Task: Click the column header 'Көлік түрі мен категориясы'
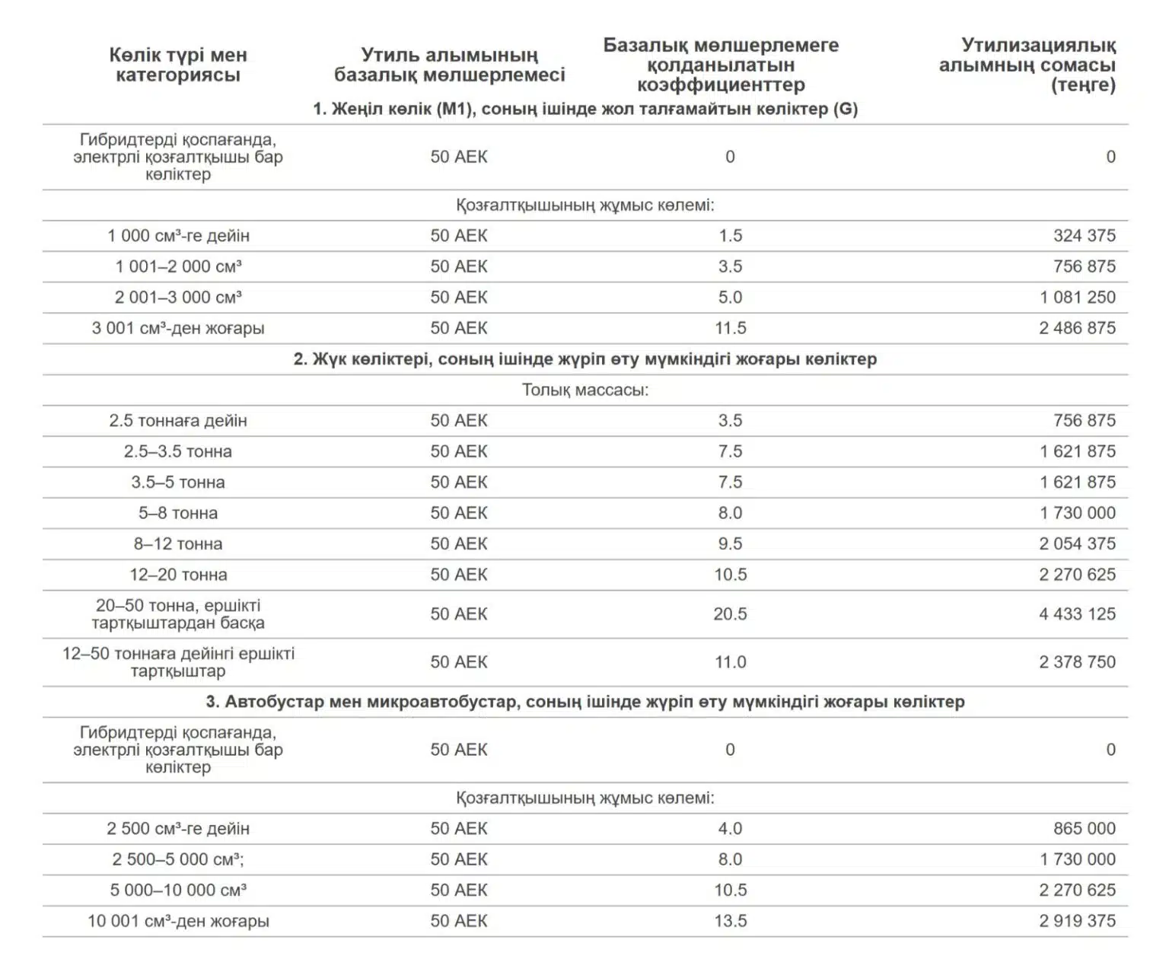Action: [177, 65]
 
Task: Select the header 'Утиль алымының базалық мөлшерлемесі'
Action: [449, 65]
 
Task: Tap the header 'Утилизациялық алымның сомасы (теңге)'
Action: [1027, 65]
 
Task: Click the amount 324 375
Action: [1084, 236]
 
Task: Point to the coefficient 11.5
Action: [730, 328]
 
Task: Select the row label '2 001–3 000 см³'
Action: [178, 298]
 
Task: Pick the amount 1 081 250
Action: [1077, 298]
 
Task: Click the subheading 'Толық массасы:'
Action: [584, 390]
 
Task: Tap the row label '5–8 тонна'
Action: [178, 513]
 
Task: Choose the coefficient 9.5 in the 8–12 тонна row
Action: [730, 544]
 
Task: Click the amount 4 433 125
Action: [1077, 613]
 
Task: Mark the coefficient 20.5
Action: [730, 613]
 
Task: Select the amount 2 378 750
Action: [1077, 662]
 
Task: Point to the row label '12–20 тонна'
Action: [178, 575]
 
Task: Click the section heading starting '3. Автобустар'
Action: [584, 702]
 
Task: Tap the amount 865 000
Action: [1084, 829]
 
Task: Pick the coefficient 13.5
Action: [730, 921]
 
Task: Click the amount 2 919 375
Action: [1077, 921]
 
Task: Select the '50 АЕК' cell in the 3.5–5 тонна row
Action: [459, 483]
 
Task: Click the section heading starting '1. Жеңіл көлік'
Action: [584, 109]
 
